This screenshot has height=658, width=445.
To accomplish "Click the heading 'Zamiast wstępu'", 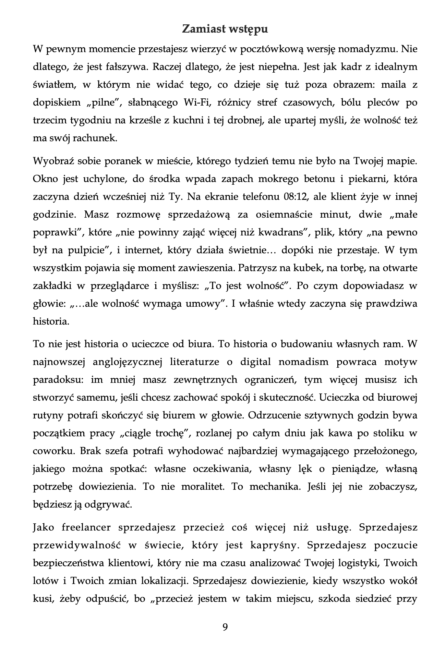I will (225, 29).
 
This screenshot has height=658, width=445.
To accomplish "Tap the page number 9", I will (225, 627).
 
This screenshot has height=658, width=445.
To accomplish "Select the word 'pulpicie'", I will (89, 251).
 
